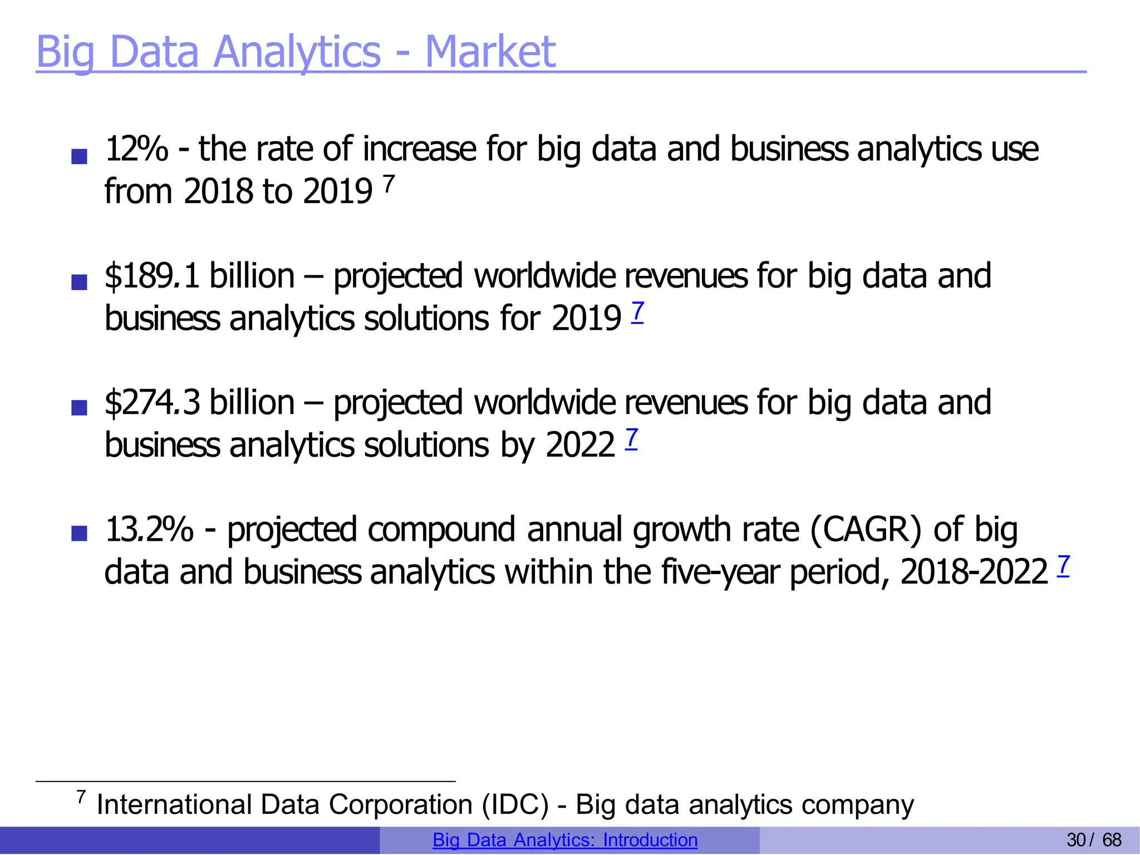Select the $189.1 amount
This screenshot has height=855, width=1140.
click(x=152, y=276)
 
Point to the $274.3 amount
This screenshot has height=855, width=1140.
click(x=152, y=403)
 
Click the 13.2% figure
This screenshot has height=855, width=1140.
click(x=149, y=529)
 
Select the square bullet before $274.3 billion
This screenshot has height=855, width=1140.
click(x=80, y=408)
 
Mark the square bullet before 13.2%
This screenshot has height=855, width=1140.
click(x=80, y=534)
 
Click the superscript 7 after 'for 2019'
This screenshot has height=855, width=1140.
click(x=638, y=312)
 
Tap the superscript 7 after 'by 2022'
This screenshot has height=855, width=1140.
click(x=631, y=438)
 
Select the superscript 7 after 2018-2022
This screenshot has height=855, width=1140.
click(x=1063, y=565)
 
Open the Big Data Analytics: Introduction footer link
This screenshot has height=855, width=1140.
click(x=565, y=840)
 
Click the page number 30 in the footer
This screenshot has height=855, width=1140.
click(x=1076, y=840)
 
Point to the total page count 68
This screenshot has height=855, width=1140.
click(x=1112, y=840)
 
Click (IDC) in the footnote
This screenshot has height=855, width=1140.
click(x=515, y=804)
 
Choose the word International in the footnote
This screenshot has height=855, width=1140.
click(x=174, y=804)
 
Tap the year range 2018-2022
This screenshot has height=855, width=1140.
click(x=974, y=572)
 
